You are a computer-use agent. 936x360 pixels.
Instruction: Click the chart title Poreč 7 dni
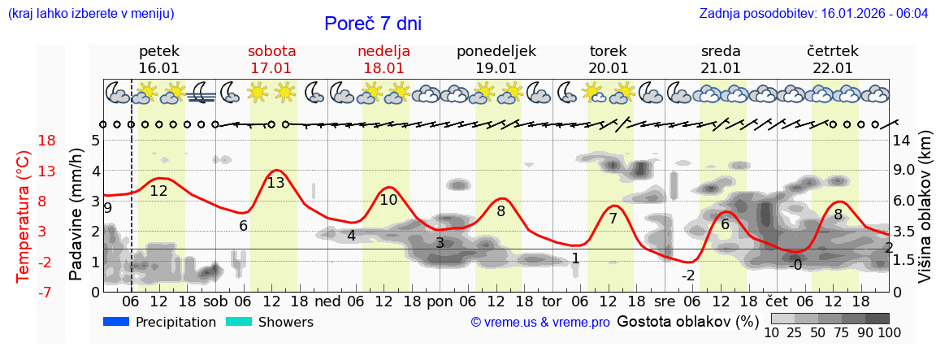click(373, 24)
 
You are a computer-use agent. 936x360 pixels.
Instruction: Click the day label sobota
click(271, 51)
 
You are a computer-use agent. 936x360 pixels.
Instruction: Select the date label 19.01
click(496, 68)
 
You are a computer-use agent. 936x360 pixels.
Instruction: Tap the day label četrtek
click(832, 51)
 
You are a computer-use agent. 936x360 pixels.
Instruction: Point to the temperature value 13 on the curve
click(275, 183)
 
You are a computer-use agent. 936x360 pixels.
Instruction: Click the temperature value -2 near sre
click(688, 275)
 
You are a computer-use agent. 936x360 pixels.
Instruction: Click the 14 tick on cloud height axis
click(903, 140)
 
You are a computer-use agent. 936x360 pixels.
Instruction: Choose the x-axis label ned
click(327, 301)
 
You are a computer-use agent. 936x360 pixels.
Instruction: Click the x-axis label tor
click(552, 301)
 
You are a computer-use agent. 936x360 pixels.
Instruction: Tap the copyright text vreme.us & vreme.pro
click(540, 323)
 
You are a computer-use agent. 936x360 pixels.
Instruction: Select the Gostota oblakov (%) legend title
click(687, 322)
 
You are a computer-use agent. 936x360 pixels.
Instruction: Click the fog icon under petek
click(200, 93)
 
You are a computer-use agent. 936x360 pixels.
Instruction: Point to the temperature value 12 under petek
click(158, 191)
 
